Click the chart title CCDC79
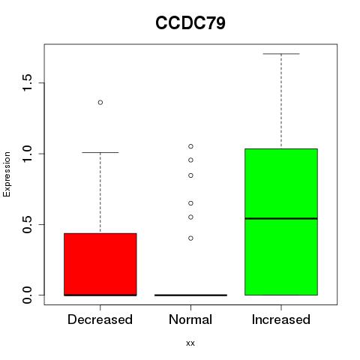[190, 23]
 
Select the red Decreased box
[100, 264]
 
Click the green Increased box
[281, 222]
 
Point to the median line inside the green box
[281, 218]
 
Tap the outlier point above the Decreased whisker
[100, 103]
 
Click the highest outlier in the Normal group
[190, 146]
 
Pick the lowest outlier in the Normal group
[190, 238]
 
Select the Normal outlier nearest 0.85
[190, 175]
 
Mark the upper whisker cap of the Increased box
[281, 54]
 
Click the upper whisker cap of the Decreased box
[100, 152]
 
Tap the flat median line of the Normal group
[190, 295]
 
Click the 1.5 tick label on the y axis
[27, 82]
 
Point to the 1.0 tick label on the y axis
[27, 154]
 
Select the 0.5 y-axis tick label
[27, 224]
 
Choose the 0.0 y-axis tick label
[27, 295]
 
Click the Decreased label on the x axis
[100, 319]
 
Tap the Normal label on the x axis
[190, 319]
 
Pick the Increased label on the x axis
[281, 319]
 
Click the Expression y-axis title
[7, 174]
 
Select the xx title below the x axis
[190, 343]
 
